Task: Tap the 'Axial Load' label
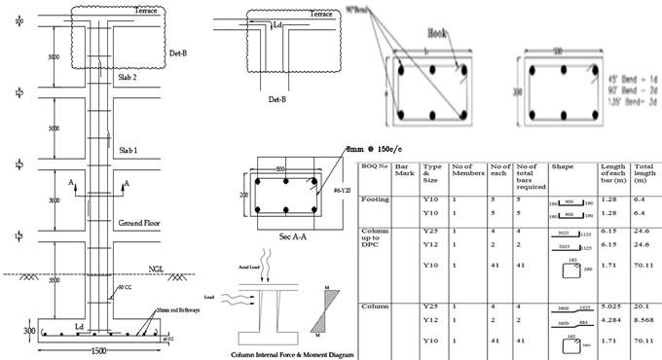point(249,264)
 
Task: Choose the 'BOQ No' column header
point(374,166)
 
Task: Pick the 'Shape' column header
point(563,166)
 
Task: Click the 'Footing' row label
point(375,199)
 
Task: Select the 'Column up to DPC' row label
point(375,243)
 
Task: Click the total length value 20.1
point(644,306)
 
